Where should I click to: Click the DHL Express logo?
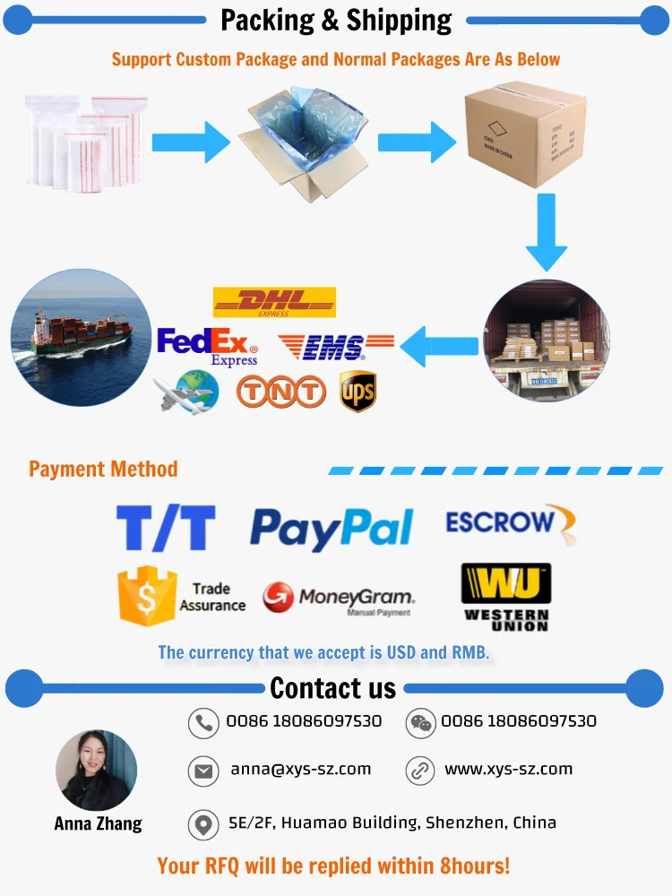[x=274, y=302]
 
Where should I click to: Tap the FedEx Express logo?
[x=207, y=346]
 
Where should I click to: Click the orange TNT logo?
[x=280, y=392]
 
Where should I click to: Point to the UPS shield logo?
[x=358, y=392]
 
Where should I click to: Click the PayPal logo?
[x=332, y=529]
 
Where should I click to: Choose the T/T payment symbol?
[x=166, y=528]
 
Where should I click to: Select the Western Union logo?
[x=506, y=597]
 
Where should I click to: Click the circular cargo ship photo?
[x=82, y=338]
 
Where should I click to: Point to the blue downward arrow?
[x=546, y=231]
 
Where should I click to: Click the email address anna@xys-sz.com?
[x=300, y=769]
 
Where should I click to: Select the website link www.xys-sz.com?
[x=508, y=769]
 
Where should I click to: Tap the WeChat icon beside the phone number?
[x=420, y=722]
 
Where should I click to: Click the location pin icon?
[x=203, y=824]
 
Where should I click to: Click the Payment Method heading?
[x=103, y=469]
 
